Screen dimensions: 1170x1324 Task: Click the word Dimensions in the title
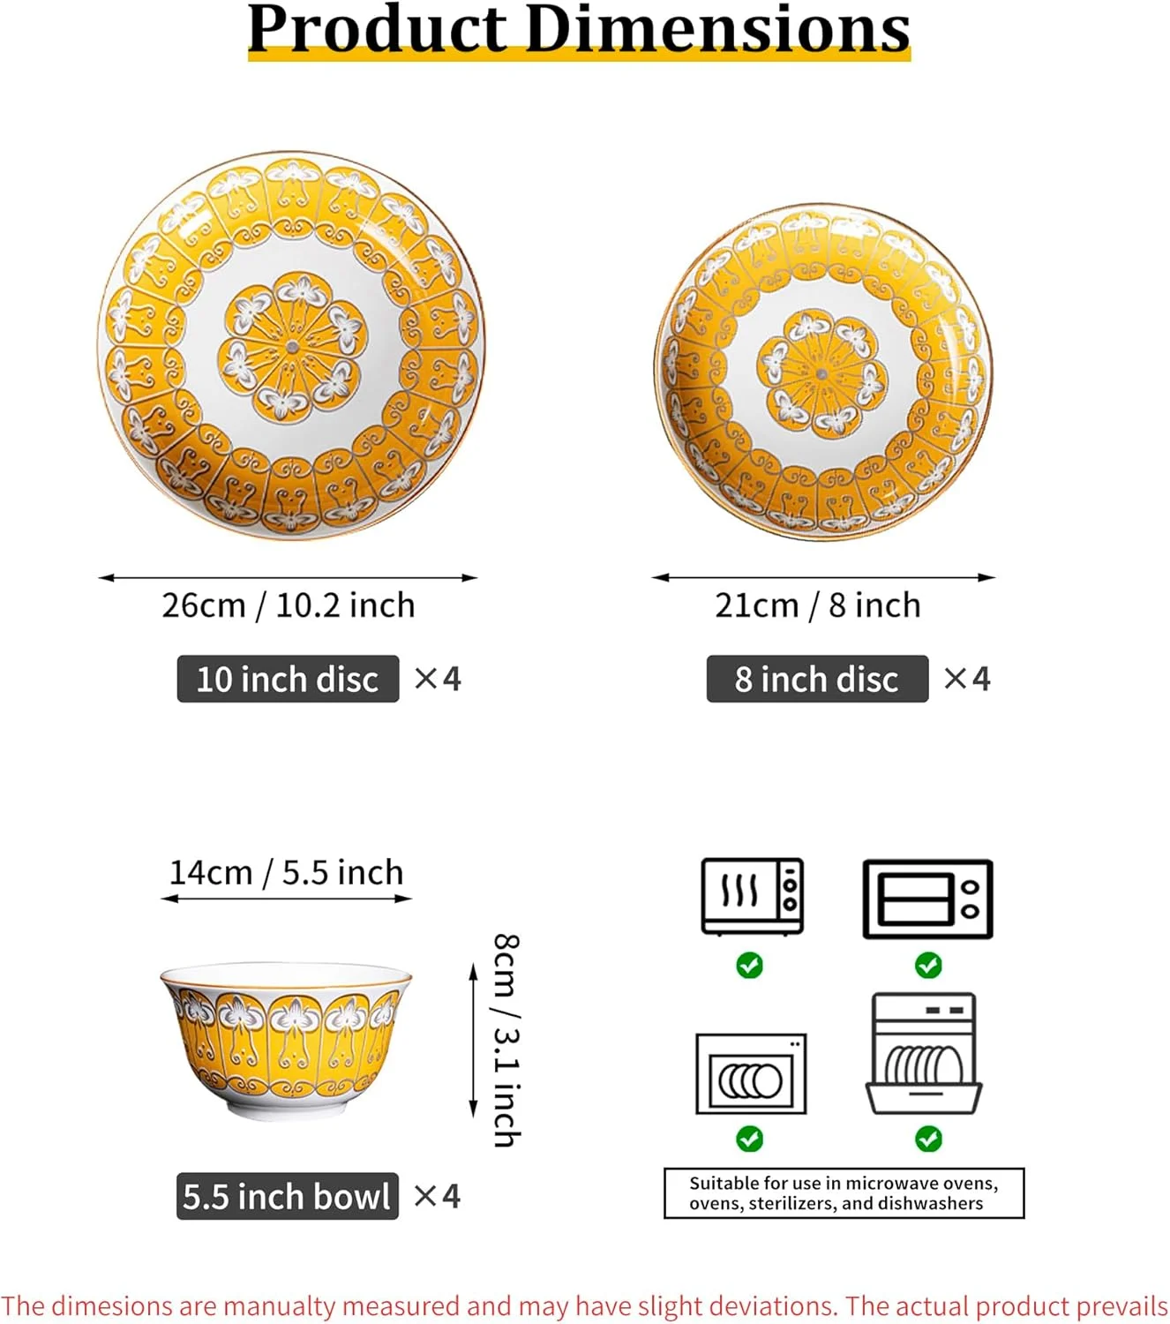pos(718,29)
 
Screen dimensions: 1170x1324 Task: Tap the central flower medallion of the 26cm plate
pos(292,347)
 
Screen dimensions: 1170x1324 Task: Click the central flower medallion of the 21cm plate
pos(821,373)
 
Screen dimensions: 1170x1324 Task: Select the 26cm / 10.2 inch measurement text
pos(289,606)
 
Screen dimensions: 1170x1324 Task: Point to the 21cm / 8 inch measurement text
pos(817,606)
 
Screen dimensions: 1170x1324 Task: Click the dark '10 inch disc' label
pos(289,679)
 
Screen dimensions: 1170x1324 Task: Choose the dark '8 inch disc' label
pos(817,679)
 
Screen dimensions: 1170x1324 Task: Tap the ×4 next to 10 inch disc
pos(438,679)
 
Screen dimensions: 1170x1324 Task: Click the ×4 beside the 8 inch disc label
pos(967,679)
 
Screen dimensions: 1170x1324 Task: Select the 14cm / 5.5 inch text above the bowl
pos(286,872)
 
